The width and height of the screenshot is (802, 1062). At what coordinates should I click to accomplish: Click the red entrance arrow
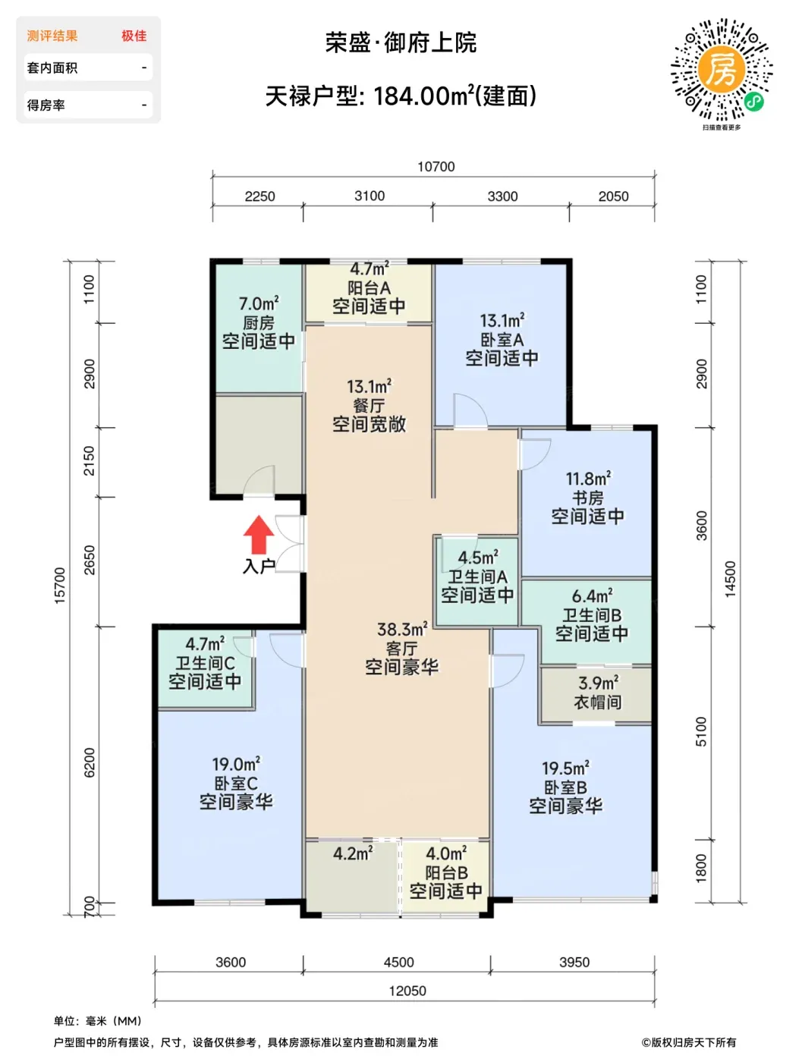click(x=258, y=534)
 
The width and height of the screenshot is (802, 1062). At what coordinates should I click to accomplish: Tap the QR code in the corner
click(x=720, y=69)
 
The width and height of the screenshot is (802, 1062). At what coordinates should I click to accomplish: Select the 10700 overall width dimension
click(x=436, y=166)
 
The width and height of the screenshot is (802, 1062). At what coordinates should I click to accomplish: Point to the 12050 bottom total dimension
click(x=407, y=991)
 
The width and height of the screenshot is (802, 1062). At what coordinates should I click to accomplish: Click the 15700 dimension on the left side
click(x=59, y=585)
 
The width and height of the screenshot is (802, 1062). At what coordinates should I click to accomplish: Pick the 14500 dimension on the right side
click(x=729, y=579)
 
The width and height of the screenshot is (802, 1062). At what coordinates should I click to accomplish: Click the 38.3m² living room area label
click(x=402, y=630)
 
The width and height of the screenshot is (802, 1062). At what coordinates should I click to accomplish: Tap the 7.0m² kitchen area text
click(x=258, y=304)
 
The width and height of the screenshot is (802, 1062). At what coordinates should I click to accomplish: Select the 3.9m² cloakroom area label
click(x=598, y=683)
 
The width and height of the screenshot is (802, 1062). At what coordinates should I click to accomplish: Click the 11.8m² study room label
click(x=588, y=479)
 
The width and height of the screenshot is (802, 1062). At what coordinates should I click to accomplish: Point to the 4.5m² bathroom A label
click(x=478, y=558)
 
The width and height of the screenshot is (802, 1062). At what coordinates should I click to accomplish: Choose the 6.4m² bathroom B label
click(x=592, y=595)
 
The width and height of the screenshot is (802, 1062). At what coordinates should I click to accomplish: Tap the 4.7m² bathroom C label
click(x=205, y=644)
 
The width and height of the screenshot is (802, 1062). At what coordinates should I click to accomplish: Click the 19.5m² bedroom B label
click(x=565, y=768)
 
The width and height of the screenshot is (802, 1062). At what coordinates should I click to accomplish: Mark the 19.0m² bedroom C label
click(x=236, y=764)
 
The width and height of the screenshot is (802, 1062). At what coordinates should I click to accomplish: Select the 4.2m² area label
click(x=353, y=853)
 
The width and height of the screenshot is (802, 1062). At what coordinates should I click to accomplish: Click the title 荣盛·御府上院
click(x=401, y=42)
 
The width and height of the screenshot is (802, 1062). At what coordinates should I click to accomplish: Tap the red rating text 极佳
click(x=134, y=36)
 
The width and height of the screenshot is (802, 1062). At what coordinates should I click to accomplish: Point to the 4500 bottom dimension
click(x=398, y=962)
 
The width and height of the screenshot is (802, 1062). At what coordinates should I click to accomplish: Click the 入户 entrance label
click(x=259, y=566)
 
